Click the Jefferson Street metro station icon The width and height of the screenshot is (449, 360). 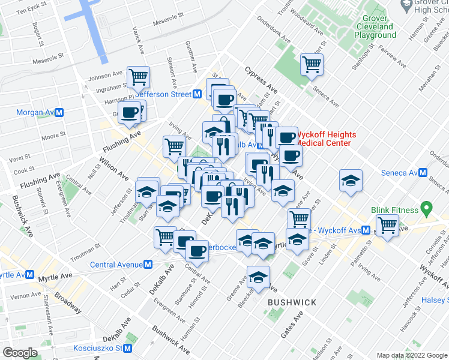point(196,94)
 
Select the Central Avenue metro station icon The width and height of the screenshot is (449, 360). point(148,265)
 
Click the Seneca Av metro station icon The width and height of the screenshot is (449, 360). point(423,173)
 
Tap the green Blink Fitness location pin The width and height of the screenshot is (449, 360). point(427,209)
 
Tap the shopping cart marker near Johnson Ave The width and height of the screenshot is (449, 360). point(138,76)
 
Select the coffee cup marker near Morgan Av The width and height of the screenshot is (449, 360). point(130,112)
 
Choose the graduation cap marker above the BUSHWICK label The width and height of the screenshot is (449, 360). point(258,277)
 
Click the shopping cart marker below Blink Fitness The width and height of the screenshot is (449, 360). point(388,226)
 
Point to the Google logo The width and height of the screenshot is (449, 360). point(20,353)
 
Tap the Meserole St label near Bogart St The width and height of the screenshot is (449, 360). point(49,57)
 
